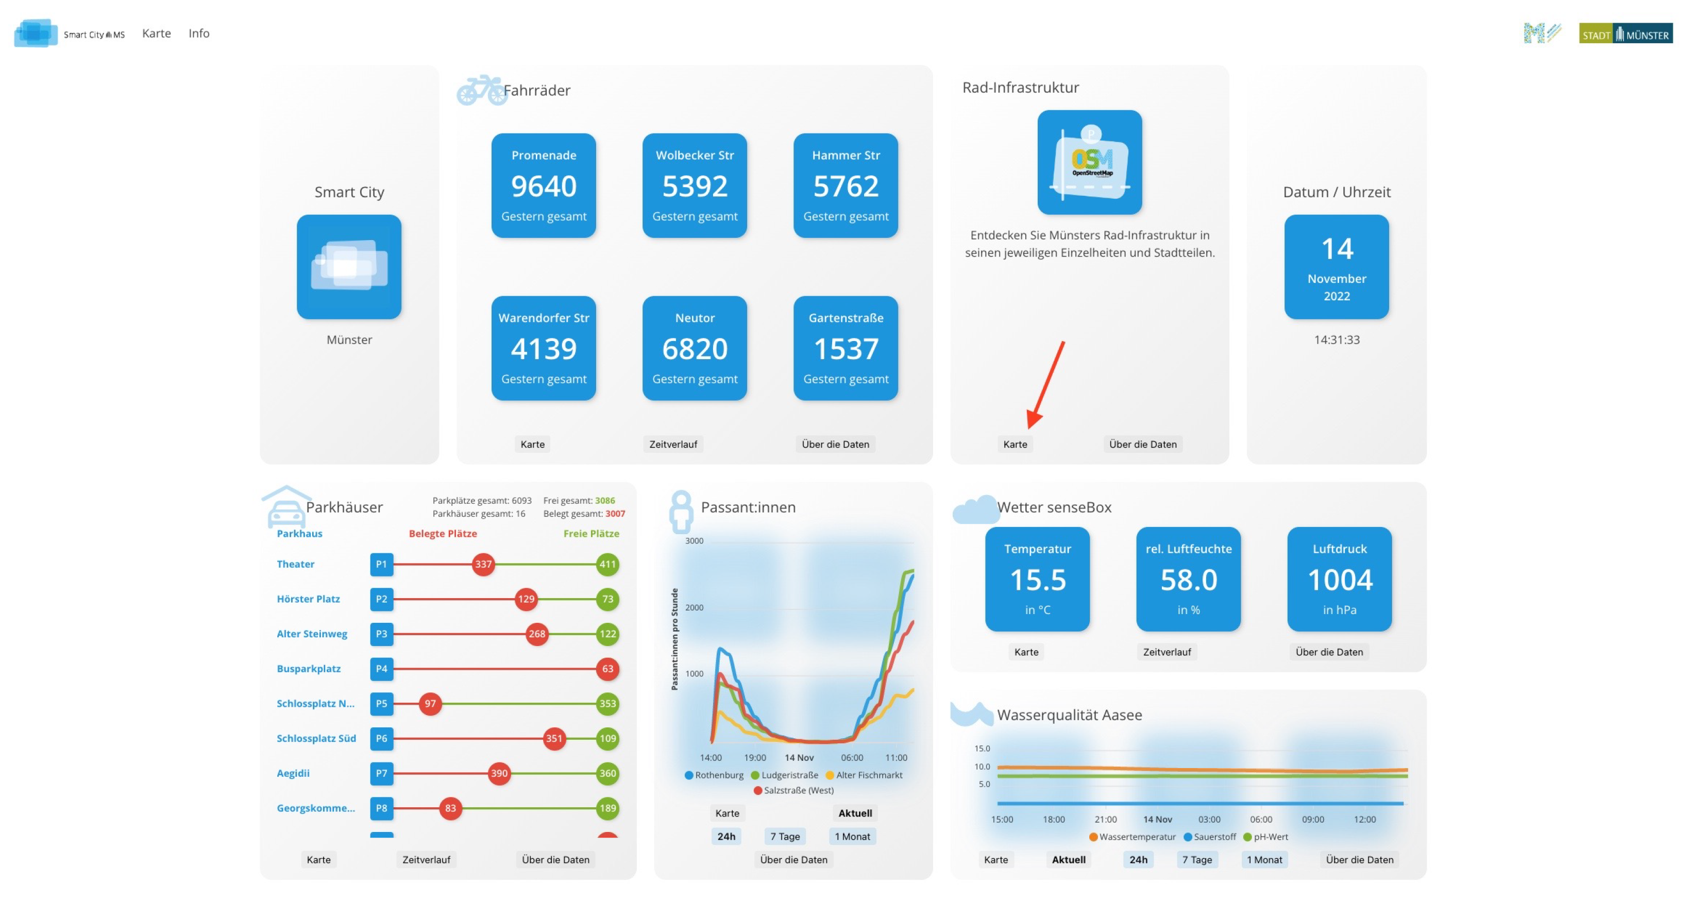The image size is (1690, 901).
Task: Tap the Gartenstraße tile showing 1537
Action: pyautogui.click(x=845, y=348)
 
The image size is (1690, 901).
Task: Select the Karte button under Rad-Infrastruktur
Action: pyautogui.click(x=1015, y=444)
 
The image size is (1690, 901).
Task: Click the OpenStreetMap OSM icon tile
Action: pyautogui.click(x=1089, y=162)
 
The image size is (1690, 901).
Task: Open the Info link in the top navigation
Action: pyautogui.click(x=199, y=33)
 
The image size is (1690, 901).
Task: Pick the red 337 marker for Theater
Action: pyautogui.click(x=483, y=564)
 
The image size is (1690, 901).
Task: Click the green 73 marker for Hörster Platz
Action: pyautogui.click(x=607, y=599)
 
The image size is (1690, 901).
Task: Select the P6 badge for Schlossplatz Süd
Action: pyautogui.click(x=381, y=738)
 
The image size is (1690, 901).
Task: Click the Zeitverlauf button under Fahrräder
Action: pyautogui.click(x=672, y=444)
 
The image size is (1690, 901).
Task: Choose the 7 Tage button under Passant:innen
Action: pyautogui.click(x=785, y=836)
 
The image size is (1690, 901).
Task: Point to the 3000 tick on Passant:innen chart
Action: pyautogui.click(x=694, y=541)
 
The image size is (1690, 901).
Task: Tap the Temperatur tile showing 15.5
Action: pyautogui.click(x=1037, y=579)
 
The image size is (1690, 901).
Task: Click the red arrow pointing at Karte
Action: pyautogui.click(x=1046, y=384)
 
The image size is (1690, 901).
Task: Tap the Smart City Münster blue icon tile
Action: pyautogui.click(x=348, y=267)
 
